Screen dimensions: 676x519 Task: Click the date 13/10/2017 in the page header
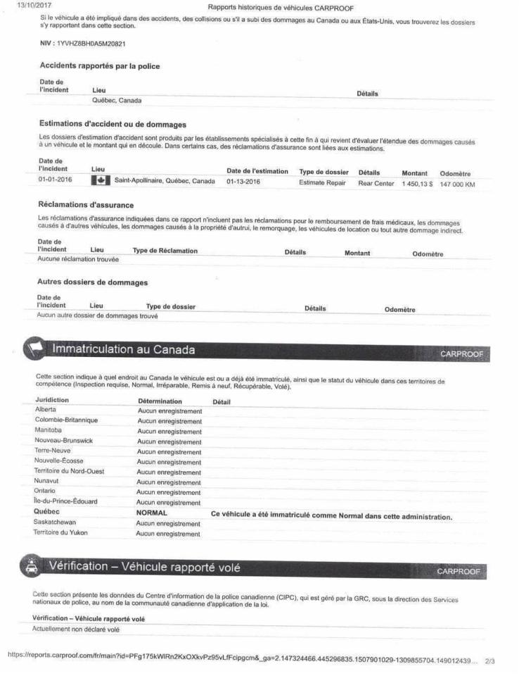23,7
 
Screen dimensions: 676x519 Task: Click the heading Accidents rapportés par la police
100,66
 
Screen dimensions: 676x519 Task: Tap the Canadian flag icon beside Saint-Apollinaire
100,181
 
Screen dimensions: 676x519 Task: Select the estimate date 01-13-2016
244,181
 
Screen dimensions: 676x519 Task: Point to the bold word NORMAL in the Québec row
151,513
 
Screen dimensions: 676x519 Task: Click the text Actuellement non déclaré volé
77,629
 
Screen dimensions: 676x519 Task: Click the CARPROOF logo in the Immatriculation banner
461,353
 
